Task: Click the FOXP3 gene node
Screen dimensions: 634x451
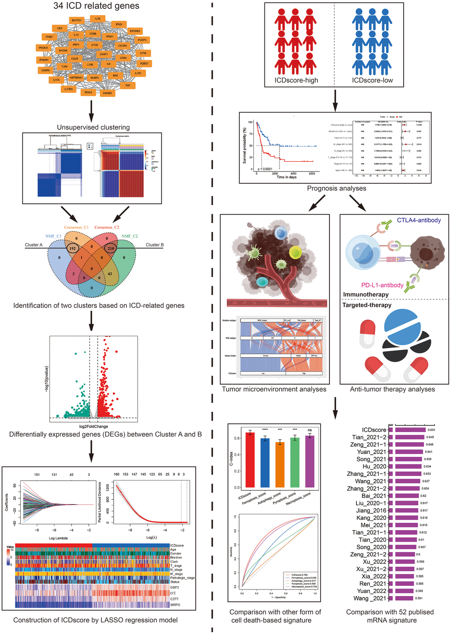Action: point(142,40)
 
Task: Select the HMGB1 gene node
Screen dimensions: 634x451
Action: point(107,93)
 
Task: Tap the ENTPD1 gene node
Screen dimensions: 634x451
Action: point(76,20)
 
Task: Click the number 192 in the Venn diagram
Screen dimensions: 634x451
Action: point(73,249)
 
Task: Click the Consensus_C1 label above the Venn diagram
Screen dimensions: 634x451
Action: point(76,228)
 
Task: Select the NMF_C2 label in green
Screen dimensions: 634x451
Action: point(130,236)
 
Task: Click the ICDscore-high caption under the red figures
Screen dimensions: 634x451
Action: point(296,80)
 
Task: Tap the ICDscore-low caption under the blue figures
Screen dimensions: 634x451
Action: point(372,80)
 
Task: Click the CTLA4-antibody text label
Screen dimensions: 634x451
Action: point(419,220)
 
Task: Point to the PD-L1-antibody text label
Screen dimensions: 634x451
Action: point(382,285)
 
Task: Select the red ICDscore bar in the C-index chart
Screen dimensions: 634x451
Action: point(250,459)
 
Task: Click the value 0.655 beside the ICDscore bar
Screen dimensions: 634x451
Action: point(431,430)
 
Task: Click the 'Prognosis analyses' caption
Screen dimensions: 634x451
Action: point(336,188)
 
